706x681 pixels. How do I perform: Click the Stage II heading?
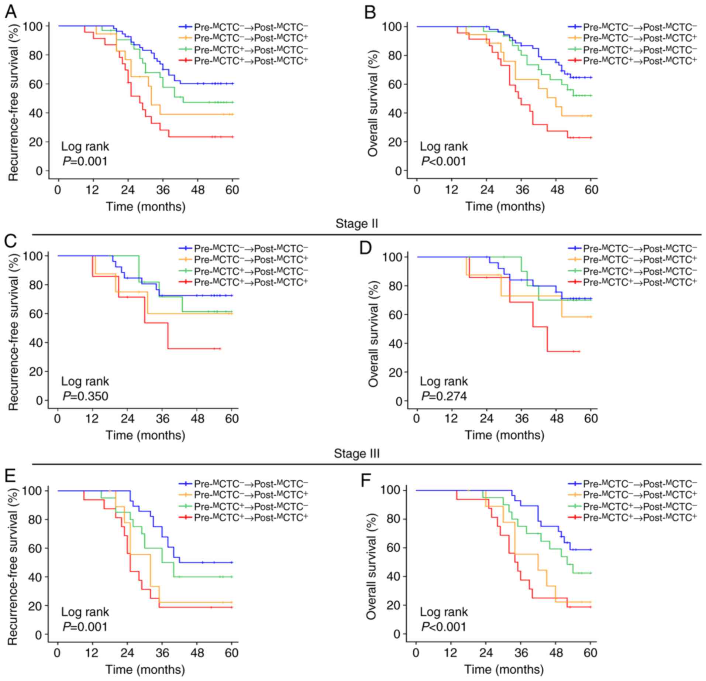coord(357,224)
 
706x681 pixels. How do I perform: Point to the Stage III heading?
coord(357,453)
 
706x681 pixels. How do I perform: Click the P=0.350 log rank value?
coord(85,396)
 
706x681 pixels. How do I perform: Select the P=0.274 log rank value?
coord(444,396)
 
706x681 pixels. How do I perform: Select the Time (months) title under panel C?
coord(145,435)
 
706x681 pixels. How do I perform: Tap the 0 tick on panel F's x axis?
coord(416,653)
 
